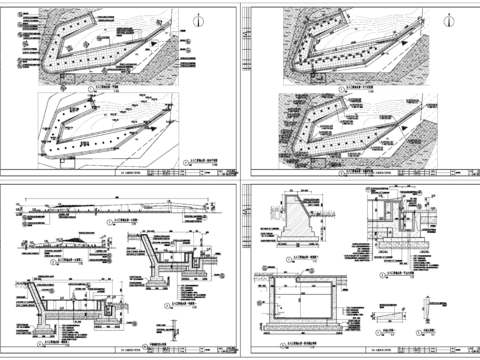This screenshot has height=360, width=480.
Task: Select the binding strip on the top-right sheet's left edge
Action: pos(248,90)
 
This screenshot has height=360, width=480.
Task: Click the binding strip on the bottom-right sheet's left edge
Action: pos(248,270)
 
